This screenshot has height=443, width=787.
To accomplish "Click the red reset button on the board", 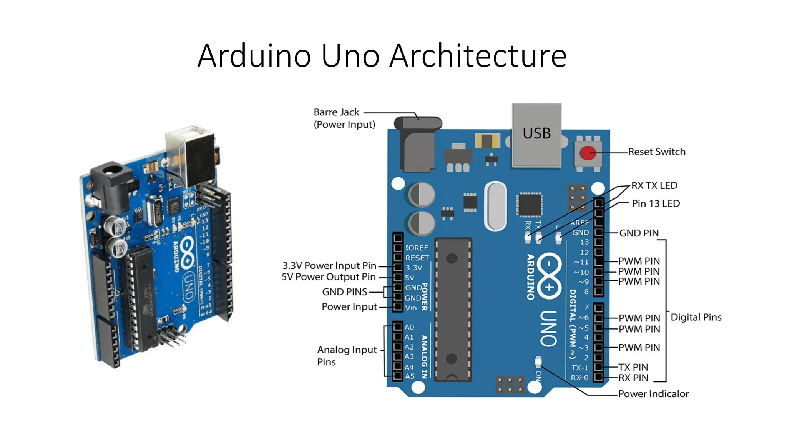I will [x=587, y=153].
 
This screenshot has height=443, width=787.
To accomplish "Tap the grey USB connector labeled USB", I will [x=536, y=135].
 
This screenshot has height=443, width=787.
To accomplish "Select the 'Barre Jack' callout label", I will [x=336, y=112].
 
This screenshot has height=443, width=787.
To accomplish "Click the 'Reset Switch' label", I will [x=656, y=152].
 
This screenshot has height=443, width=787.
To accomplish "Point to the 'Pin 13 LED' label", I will [x=656, y=203].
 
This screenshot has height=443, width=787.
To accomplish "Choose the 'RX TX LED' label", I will [x=654, y=185].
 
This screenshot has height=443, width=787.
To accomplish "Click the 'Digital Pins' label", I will [x=696, y=317].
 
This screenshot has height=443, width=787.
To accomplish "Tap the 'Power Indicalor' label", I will [x=653, y=394].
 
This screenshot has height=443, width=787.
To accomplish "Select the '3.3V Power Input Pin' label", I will [x=329, y=266].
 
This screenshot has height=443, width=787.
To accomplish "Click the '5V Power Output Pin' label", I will [x=329, y=277].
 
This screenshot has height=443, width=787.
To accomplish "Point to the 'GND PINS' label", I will [x=344, y=292].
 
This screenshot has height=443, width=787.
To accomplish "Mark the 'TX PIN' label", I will [x=633, y=367].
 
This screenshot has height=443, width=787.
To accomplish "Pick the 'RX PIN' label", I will [x=633, y=378].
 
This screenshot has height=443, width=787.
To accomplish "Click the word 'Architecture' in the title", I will [x=478, y=56].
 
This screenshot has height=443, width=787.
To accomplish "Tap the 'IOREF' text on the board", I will [x=417, y=248].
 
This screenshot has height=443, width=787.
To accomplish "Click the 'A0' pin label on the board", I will [x=409, y=327].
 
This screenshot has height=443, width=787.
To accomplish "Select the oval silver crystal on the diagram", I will [x=496, y=206].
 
